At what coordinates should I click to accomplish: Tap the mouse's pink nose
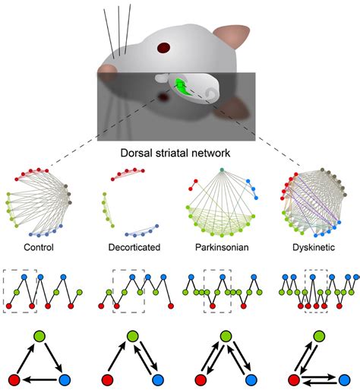coord(107,74)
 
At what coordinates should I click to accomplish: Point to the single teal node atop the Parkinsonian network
coord(221,170)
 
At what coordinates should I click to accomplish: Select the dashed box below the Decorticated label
coord(128,290)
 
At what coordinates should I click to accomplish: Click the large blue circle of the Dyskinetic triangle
coord(339,378)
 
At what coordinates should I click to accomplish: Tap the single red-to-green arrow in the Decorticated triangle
coord(118,356)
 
